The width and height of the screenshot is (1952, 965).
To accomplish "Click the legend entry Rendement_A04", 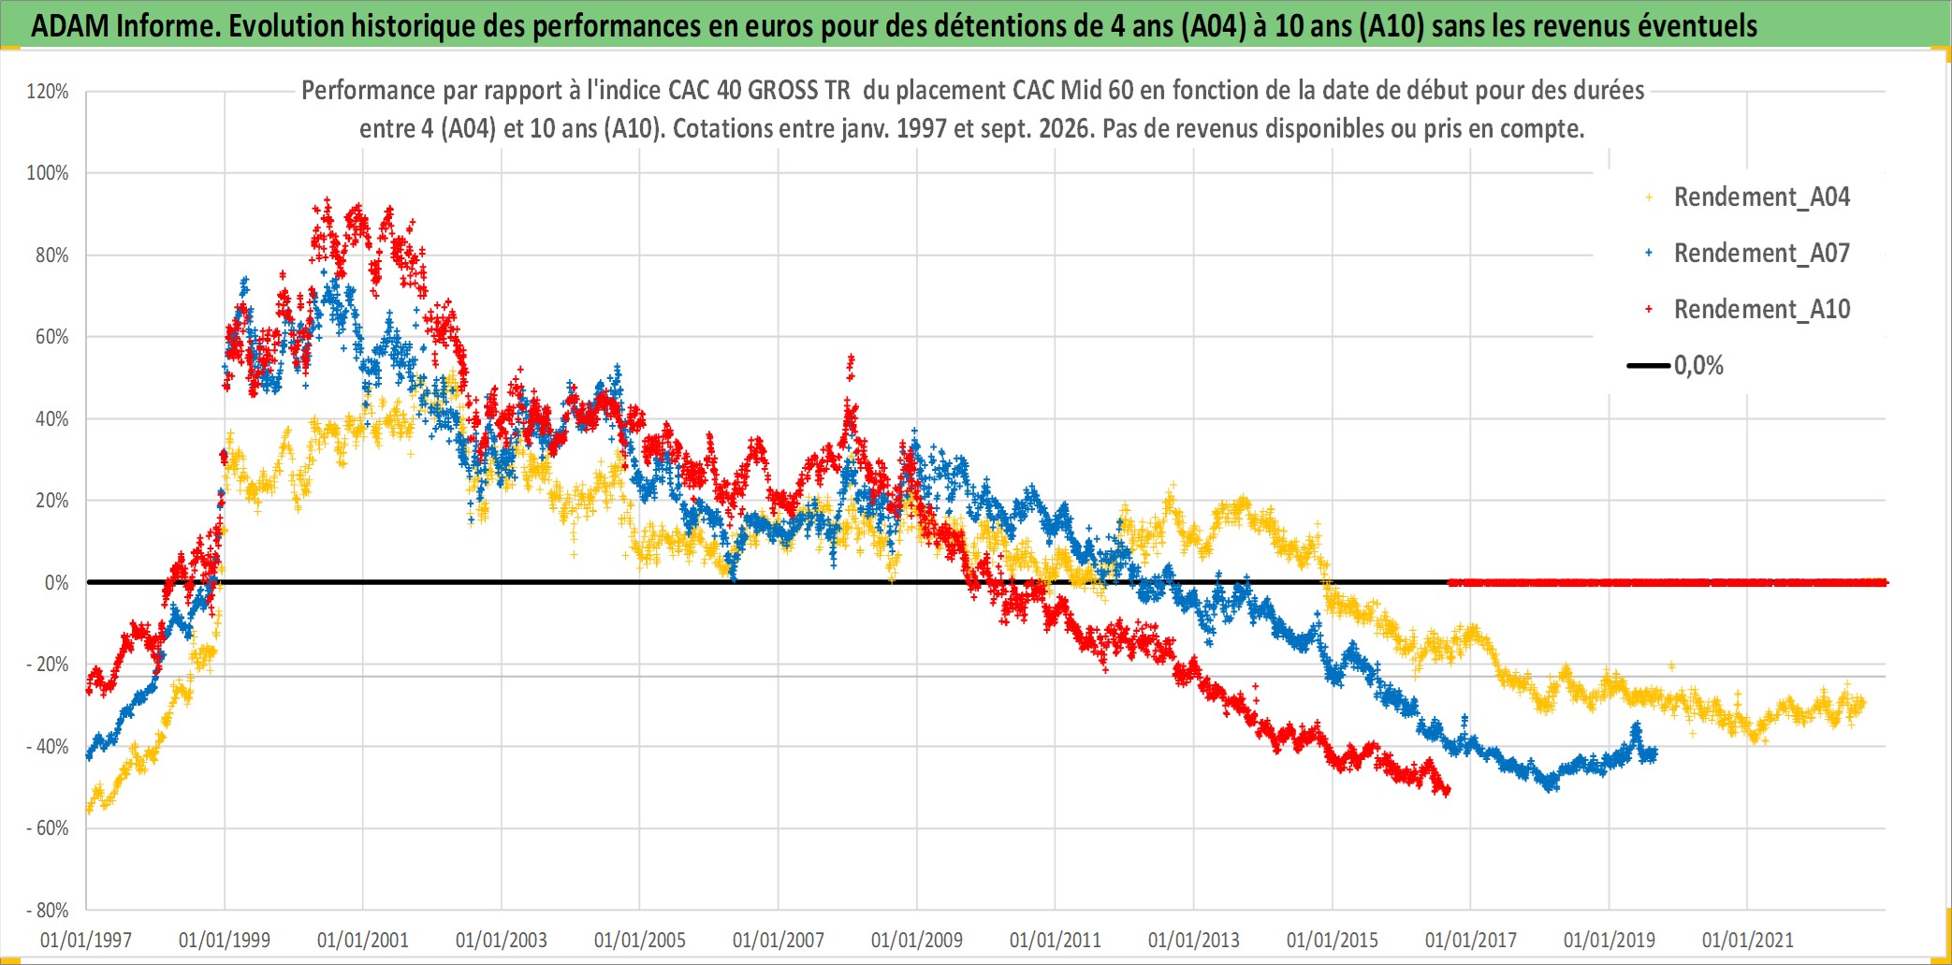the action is (1761, 197).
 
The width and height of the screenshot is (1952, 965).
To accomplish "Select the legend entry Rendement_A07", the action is (1761, 254).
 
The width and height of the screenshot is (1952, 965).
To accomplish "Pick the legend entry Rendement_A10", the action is (1761, 310).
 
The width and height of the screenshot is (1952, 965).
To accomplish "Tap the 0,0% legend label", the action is (1698, 366).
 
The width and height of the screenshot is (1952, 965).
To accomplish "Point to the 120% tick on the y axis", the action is (48, 92).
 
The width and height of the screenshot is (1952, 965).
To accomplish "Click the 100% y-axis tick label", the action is (48, 173).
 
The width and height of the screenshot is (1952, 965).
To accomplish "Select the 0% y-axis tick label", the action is (56, 583).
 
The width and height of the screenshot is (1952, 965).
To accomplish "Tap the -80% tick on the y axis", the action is (48, 911).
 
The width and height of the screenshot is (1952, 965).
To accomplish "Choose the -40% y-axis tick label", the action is (48, 747).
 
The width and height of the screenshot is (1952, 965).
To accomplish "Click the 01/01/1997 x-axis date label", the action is (86, 941).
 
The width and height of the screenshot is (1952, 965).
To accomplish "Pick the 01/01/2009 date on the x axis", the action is (917, 941).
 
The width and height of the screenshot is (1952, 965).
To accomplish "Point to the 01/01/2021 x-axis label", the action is (1748, 941).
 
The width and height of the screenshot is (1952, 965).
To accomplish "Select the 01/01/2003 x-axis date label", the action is (502, 941).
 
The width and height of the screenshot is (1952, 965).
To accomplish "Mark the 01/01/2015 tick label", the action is (1333, 941).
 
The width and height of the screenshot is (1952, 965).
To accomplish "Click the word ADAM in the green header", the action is (70, 26).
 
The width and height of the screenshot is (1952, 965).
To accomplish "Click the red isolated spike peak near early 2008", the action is (851, 357).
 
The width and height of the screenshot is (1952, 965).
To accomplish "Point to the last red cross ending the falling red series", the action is (1448, 792).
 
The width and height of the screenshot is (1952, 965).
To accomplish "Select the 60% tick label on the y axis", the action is (52, 337).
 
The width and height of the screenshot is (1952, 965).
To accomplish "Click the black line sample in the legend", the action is (1648, 366).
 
